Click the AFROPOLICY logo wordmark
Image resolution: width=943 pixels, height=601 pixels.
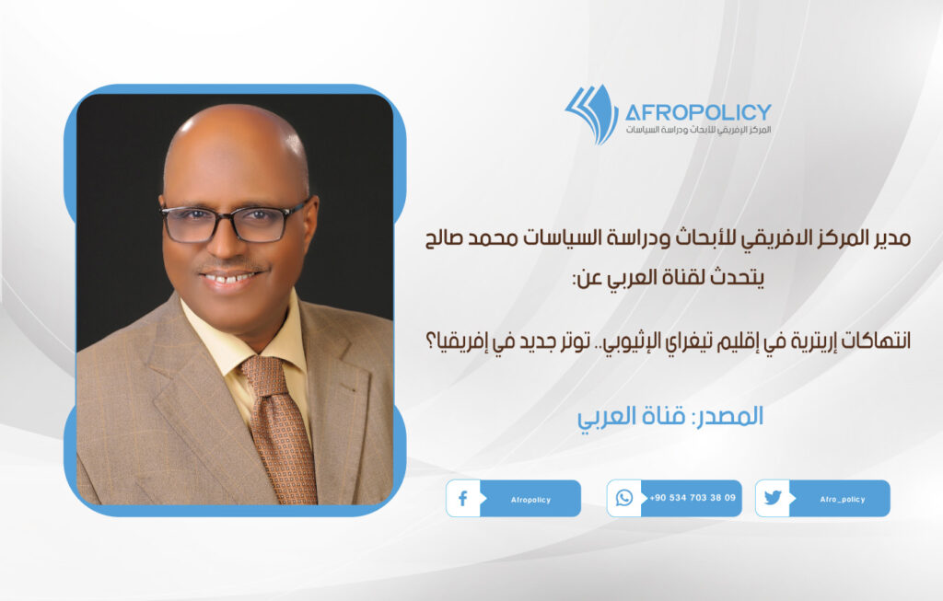coord(697,112)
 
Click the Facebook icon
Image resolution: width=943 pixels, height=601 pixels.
coord(462,498)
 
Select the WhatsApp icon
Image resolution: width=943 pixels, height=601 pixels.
coord(624,498)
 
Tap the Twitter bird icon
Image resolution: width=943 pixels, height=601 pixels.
coord(773,498)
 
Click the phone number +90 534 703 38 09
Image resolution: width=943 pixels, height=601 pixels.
coord(692,498)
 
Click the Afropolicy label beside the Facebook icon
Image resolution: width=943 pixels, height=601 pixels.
coord(530,499)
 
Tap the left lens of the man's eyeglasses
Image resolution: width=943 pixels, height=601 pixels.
coord(193,223)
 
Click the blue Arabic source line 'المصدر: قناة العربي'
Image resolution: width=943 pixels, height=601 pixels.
coord(670,415)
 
